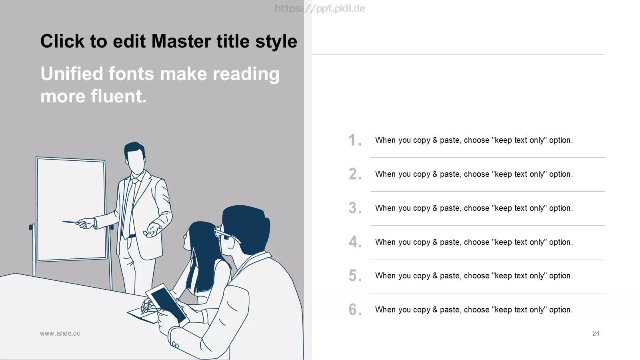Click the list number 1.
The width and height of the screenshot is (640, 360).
pos(355,140)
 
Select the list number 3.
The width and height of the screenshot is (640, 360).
pos(355,208)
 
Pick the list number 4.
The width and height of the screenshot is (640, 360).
pos(355,242)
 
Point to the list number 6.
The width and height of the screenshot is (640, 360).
pos(355,310)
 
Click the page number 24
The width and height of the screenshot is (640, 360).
pos(596,334)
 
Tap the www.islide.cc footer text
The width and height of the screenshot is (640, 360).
pos(60,334)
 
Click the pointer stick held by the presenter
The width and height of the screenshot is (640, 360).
pos(70,222)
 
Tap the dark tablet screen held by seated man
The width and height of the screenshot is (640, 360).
pos(168,304)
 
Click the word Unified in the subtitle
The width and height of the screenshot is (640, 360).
pos(72,74)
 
